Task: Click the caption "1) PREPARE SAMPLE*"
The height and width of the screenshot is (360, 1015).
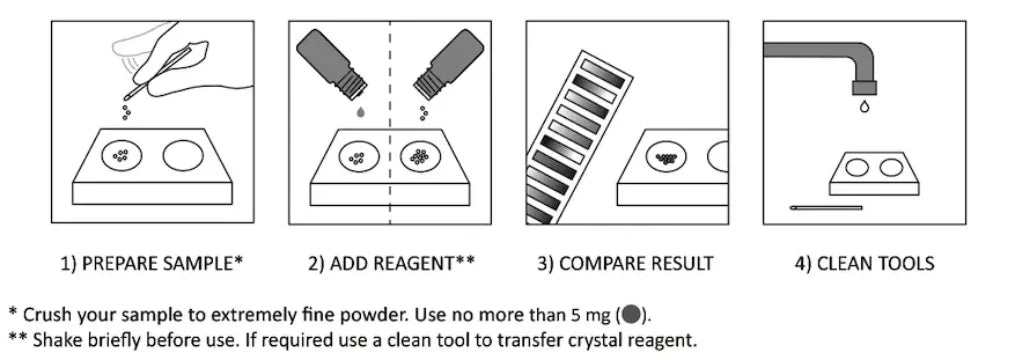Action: tap(152, 264)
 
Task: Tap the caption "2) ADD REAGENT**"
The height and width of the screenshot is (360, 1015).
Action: tap(391, 264)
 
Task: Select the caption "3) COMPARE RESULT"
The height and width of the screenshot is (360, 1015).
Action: tap(625, 264)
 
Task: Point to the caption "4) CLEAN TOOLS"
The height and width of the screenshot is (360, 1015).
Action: tap(864, 264)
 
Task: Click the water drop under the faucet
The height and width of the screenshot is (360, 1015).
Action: tap(864, 106)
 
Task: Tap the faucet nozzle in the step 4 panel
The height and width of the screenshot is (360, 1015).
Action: tap(864, 87)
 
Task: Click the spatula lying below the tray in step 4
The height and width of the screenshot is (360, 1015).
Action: tap(826, 208)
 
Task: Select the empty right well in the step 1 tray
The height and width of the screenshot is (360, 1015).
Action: tap(183, 156)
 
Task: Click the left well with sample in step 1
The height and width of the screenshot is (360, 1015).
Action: tap(122, 156)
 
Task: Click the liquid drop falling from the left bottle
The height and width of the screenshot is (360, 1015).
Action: tap(361, 112)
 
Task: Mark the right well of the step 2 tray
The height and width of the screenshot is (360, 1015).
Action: tap(421, 157)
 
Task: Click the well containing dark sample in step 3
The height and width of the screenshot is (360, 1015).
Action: tap(666, 157)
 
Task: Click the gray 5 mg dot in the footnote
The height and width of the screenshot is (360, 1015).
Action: tap(631, 315)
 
